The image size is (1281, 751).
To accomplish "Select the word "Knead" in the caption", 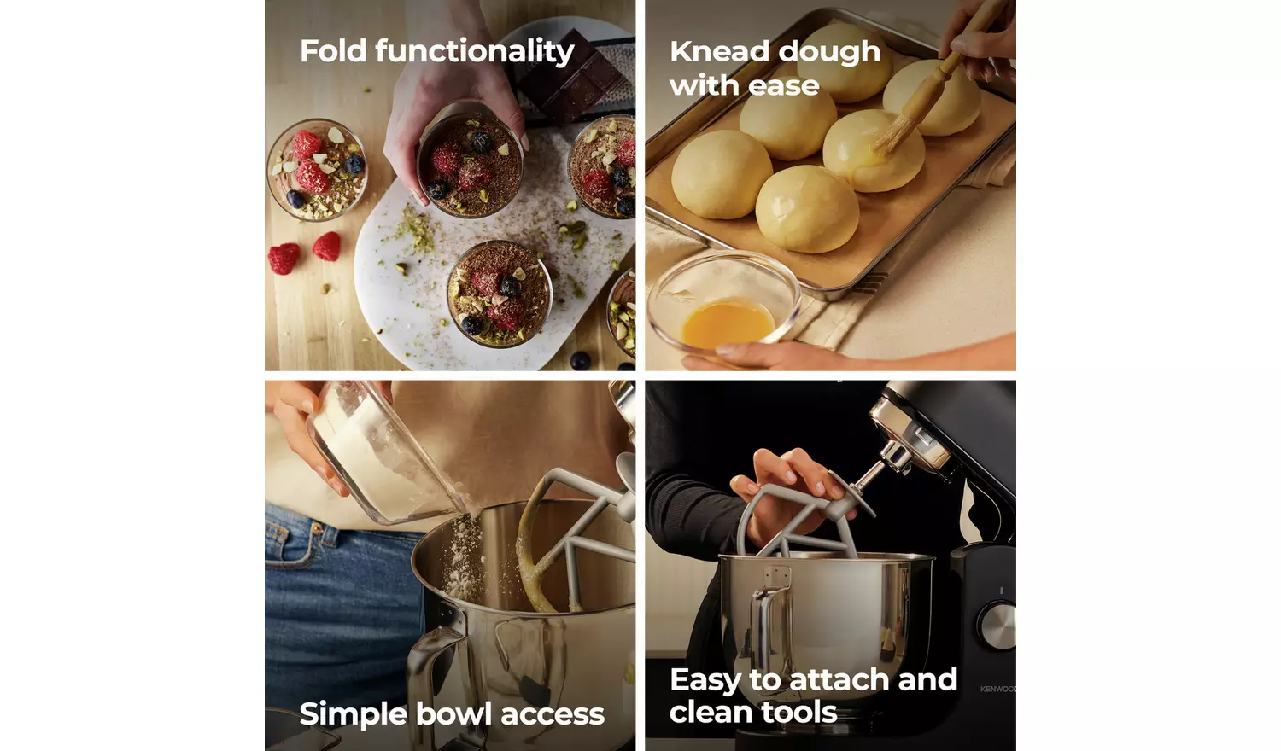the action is pyautogui.click(x=719, y=51).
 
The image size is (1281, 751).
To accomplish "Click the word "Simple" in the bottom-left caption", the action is pyautogui.click(x=353, y=714).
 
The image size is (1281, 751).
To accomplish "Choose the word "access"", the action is pyautogui.click(x=552, y=715).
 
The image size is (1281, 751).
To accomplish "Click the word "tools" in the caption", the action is pyautogui.click(x=802, y=713).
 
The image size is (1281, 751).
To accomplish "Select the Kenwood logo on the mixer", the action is pyautogui.click(x=998, y=689).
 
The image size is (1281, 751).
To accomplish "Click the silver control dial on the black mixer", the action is pyautogui.click(x=997, y=626).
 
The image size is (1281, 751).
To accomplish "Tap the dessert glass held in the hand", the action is pyautogui.click(x=470, y=164).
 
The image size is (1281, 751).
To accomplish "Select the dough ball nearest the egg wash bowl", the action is pyautogui.click(x=721, y=174).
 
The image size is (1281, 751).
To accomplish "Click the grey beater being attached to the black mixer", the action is pyautogui.click(x=801, y=520).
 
